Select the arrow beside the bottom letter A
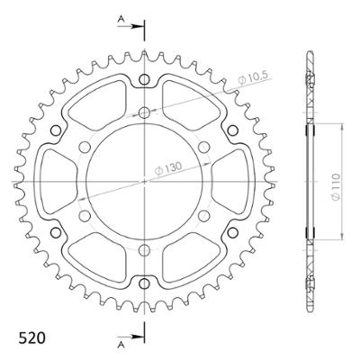[x=135, y=335]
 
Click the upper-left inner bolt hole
[x=85, y=148]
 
